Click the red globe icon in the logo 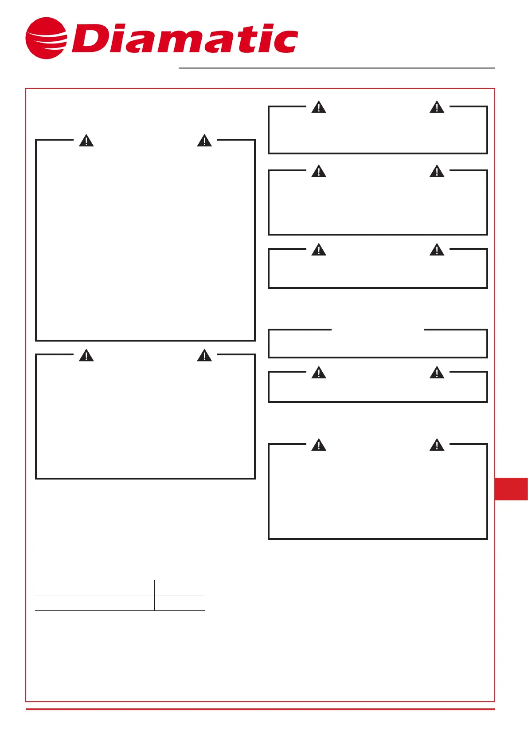coord(46,38)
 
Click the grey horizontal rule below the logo coord(336,68)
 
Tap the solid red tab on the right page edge coord(511,489)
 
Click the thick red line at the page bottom coord(260,709)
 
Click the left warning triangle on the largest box coord(86,141)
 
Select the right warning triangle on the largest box coord(204,141)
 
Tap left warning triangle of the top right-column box coord(319,107)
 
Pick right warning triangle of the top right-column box coord(437,107)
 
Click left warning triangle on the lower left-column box coord(86,356)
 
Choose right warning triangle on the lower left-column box coord(204,356)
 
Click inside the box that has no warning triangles coord(378,345)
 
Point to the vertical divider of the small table coord(155,595)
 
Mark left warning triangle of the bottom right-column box coord(319,445)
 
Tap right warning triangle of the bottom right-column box coord(437,445)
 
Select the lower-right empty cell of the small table coord(180,603)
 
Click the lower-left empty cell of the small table coord(94,603)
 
